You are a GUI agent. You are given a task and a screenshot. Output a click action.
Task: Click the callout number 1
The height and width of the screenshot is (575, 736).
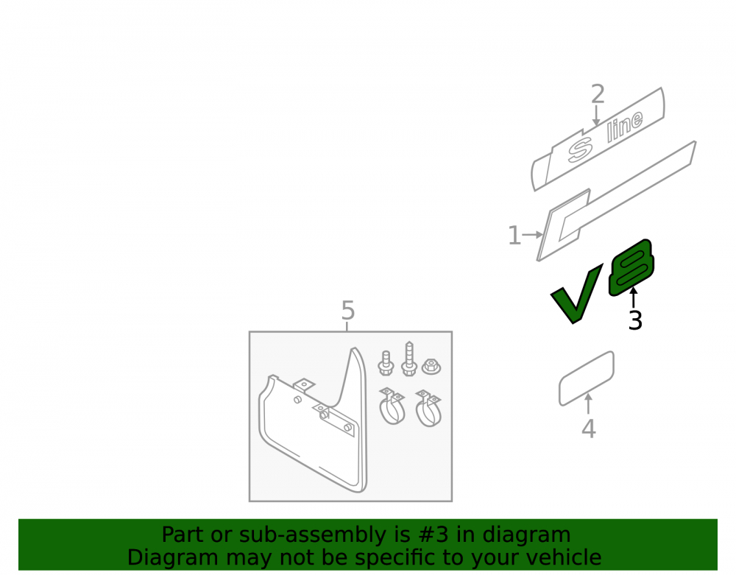coord(514,235)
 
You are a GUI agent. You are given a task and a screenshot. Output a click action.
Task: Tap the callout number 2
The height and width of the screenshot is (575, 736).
coord(597,94)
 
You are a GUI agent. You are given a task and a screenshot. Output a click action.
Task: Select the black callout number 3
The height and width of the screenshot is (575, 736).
coord(635,320)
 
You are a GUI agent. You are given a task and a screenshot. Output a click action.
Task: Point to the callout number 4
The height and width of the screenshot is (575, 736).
coord(589,428)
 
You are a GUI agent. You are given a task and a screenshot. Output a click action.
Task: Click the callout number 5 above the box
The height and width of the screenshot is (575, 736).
coord(348,310)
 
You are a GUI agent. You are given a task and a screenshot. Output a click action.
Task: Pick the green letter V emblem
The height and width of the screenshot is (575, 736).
coord(576,294)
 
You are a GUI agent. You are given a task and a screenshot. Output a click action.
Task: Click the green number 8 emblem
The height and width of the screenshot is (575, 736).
coord(631,267)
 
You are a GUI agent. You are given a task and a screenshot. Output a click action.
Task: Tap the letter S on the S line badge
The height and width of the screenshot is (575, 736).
coord(580,150)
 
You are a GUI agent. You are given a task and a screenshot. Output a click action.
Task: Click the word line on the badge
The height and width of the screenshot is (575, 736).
coord(625,126)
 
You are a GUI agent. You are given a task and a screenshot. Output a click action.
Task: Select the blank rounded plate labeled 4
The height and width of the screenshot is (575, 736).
coord(587,378)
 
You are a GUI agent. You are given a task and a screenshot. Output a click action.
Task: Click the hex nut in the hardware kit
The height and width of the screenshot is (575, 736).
coord(431,366)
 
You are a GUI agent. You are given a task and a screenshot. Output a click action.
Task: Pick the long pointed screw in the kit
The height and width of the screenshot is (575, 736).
coord(409,359)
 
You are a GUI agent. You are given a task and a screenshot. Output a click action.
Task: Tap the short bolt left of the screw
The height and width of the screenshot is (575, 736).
coord(386,363)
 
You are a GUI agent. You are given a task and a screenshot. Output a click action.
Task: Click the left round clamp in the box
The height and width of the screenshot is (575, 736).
coord(392,406)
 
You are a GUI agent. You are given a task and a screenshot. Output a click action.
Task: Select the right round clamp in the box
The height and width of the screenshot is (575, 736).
coord(428,408)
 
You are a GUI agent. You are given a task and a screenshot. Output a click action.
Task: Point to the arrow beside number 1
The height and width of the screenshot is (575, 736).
coord(533,234)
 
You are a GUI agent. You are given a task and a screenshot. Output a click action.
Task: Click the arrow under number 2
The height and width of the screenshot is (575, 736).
coord(596,116)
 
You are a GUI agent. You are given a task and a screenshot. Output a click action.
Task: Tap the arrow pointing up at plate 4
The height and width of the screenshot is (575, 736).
coord(588,403)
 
